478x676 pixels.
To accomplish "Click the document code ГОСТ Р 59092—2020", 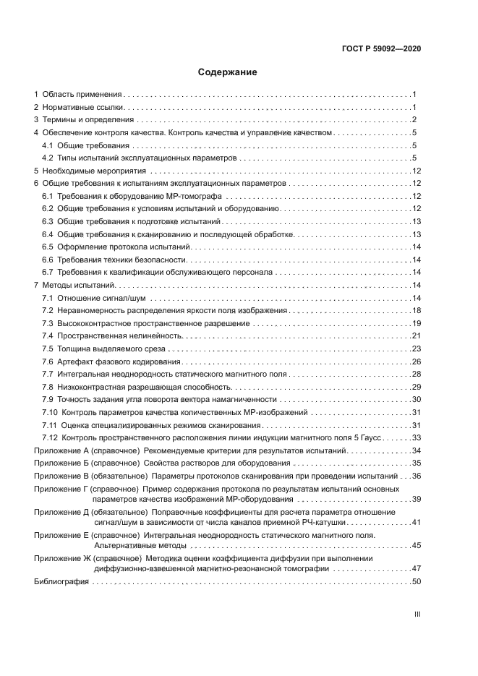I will (x=381, y=48).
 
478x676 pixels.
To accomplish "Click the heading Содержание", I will (x=227, y=72).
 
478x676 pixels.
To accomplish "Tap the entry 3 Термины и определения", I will (x=84, y=120).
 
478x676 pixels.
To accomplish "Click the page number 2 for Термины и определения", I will (x=414, y=120).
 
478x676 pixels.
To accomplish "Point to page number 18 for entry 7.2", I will (x=416, y=310).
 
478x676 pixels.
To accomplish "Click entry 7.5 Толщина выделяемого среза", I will (x=106, y=348).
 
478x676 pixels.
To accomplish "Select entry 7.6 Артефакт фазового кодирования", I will (x=111, y=361).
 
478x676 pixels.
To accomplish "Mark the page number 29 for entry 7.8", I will (x=416, y=387).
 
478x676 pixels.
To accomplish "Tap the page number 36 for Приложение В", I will (x=416, y=476).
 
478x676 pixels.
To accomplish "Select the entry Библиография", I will (x=61, y=582).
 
